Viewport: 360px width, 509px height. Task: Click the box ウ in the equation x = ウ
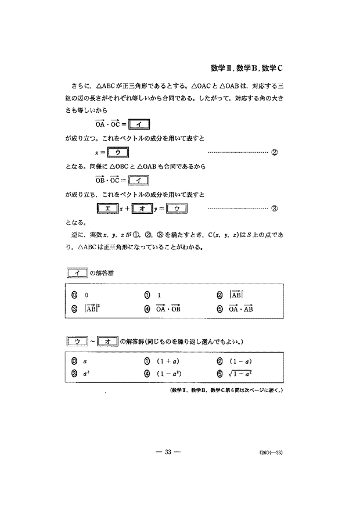tap(117, 153)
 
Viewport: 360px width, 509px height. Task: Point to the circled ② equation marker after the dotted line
tap(275, 153)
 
